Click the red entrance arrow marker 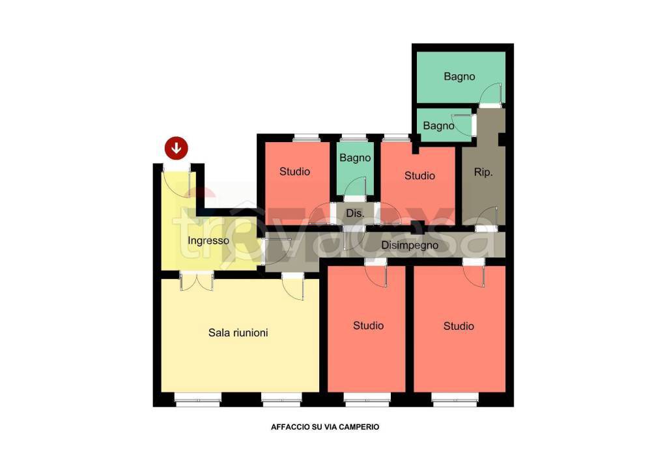pyautogui.click(x=176, y=148)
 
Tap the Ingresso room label pyautogui.click(x=208, y=241)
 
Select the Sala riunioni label pyautogui.click(x=238, y=332)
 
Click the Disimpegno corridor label pyautogui.click(x=410, y=245)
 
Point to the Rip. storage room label pyautogui.click(x=483, y=172)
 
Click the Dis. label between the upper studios pyautogui.click(x=355, y=213)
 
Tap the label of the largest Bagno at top pyautogui.click(x=459, y=77)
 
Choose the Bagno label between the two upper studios pyautogui.click(x=355, y=158)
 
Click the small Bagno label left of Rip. pyautogui.click(x=438, y=126)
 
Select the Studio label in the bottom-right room pyautogui.click(x=459, y=326)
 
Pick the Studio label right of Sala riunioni pyautogui.click(x=369, y=325)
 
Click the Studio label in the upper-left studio pyautogui.click(x=295, y=171)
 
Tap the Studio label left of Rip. pyautogui.click(x=420, y=176)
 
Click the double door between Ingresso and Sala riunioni pyautogui.click(x=197, y=281)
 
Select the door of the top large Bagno pyautogui.click(x=491, y=95)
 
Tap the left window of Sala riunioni pyautogui.click(x=198, y=399)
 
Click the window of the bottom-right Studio pyautogui.click(x=455, y=399)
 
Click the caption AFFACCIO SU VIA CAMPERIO pyautogui.click(x=325, y=427)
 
